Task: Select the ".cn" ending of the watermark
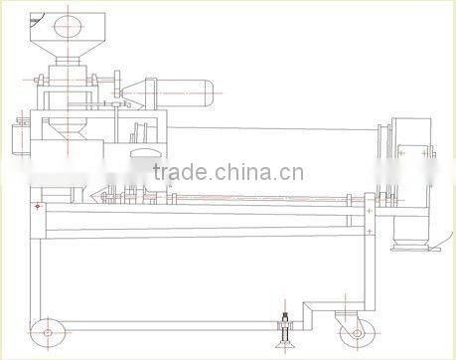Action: [x=291, y=175]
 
